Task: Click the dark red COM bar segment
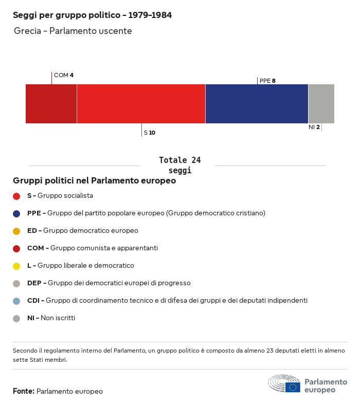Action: (51, 104)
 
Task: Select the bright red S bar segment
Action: (141, 104)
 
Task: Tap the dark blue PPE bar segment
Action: (257, 104)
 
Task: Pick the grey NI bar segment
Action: (321, 104)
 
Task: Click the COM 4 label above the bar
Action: (64, 75)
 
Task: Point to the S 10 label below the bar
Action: (150, 133)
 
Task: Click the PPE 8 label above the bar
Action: (267, 81)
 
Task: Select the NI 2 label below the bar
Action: (314, 127)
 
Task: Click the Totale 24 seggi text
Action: (179, 165)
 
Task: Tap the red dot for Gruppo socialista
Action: (16, 196)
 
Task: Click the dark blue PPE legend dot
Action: (16, 213)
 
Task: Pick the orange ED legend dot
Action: (16, 231)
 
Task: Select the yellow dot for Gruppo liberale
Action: (16, 266)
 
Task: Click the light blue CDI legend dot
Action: (16, 301)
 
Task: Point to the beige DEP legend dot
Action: (16, 283)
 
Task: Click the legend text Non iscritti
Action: (58, 318)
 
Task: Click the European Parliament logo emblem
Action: (284, 384)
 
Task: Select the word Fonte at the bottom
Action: (23, 392)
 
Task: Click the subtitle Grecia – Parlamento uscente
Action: (73, 31)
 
